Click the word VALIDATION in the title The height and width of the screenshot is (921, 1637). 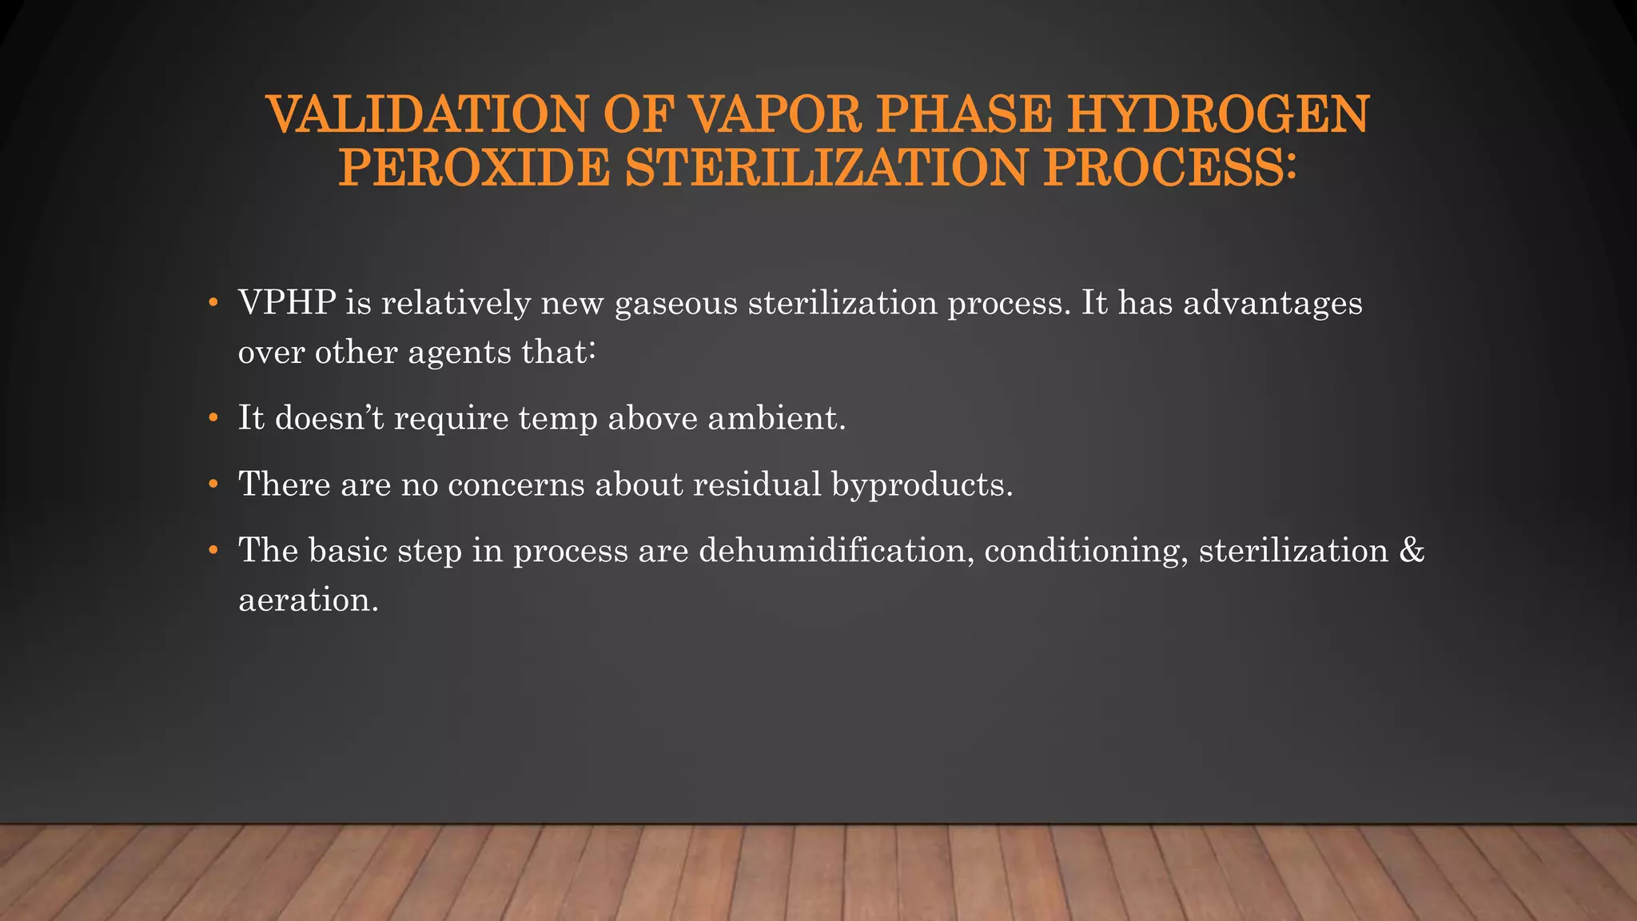pyautogui.click(x=428, y=114)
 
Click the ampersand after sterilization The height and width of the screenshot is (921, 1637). pyautogui.click(x=1412, y=551)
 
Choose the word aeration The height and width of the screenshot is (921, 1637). pyautogui.click(x=308, y=600)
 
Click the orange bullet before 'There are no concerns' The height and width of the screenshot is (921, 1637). pyautogui.click(x=213, y=484)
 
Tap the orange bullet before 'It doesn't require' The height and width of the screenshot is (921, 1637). pyautogui.click(x=213, y=418)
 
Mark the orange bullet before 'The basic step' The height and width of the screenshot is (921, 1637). pyautogui.click(x=213, y=551)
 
